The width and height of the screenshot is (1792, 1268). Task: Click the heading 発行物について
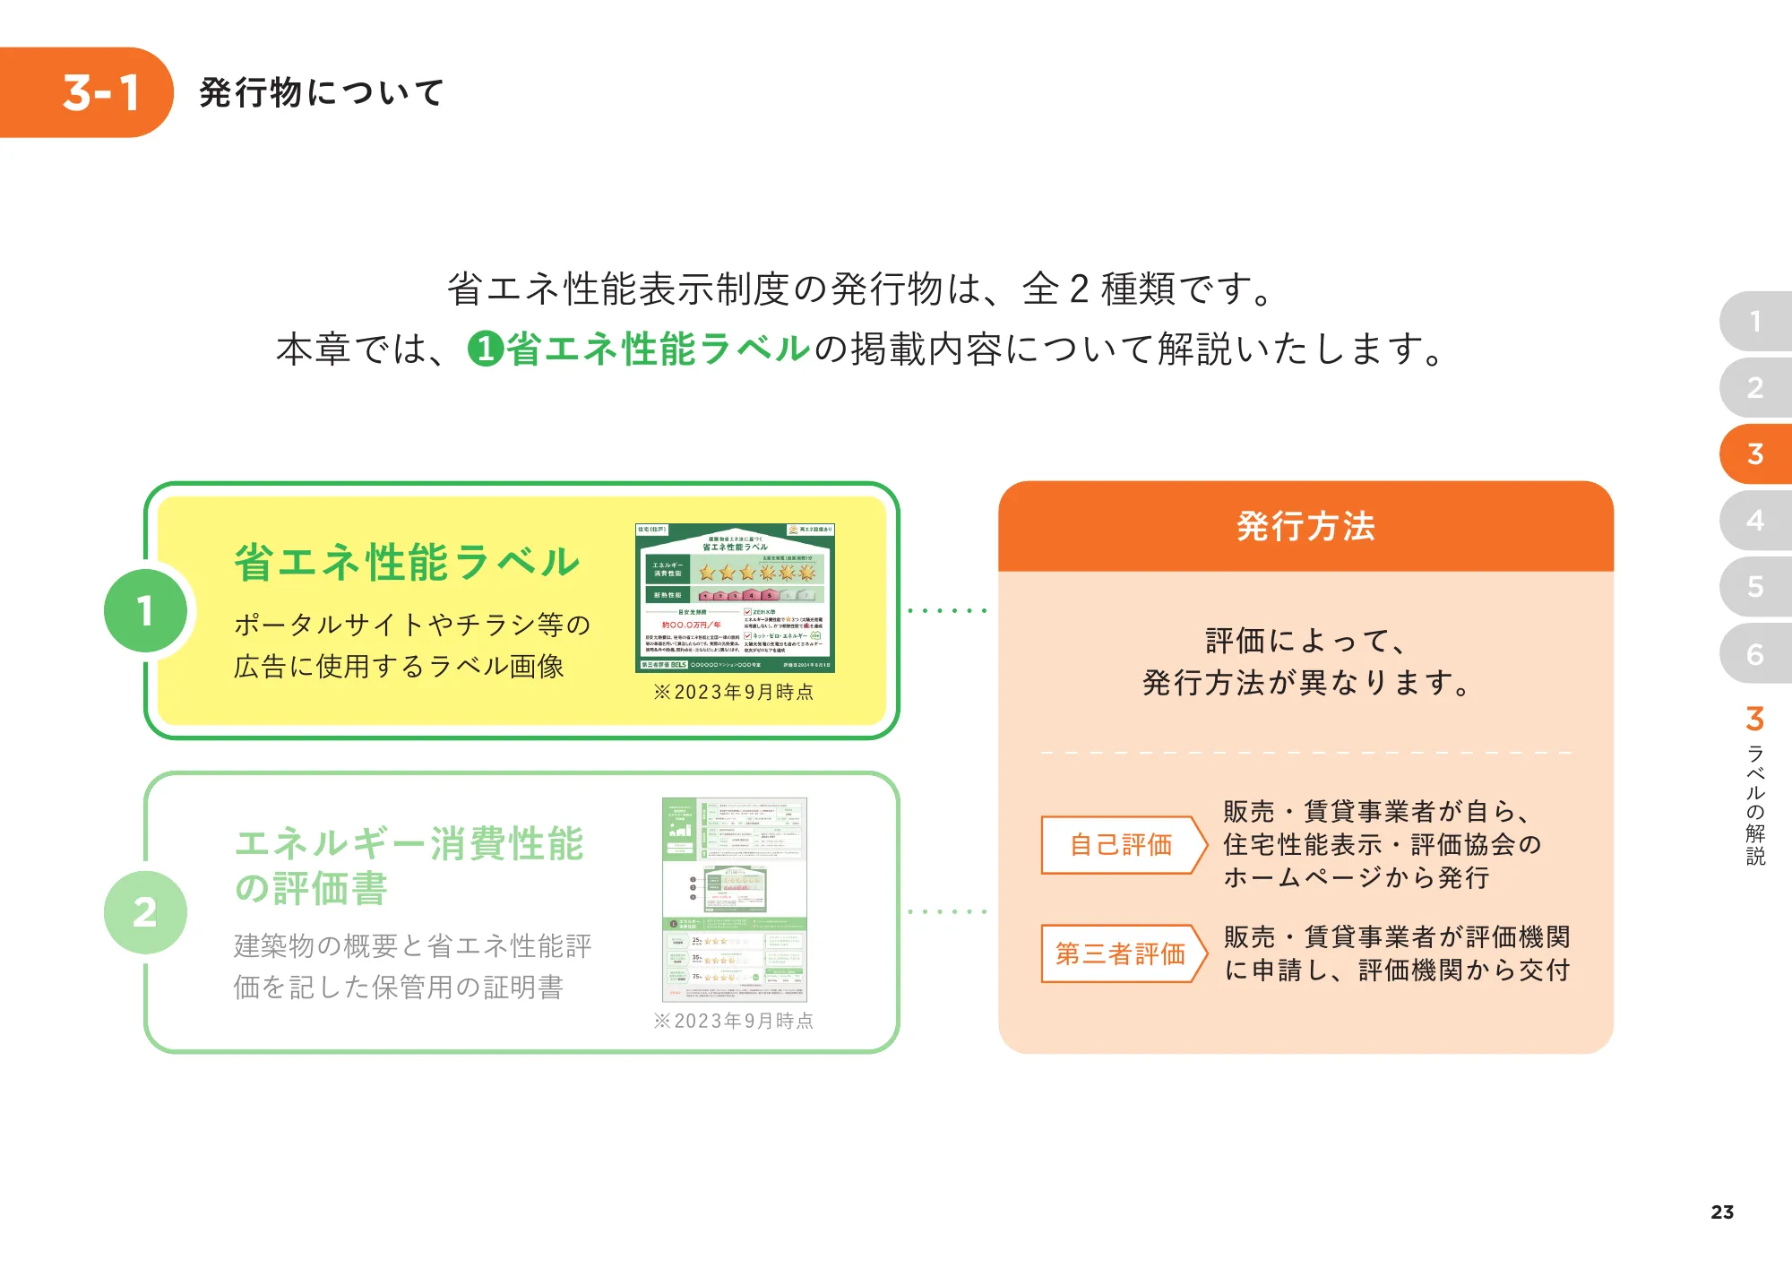322,92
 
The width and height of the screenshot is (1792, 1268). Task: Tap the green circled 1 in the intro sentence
485,349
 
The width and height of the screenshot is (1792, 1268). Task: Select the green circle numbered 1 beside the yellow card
145,611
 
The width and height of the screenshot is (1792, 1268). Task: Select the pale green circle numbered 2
145,912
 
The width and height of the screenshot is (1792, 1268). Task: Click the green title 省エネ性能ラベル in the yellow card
408,563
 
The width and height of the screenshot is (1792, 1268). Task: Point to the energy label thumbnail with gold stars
735,598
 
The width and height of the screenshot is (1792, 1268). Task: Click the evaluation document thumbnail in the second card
734,900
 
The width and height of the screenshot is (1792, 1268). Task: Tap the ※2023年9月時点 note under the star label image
734,692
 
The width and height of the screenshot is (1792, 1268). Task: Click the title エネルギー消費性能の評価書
408,866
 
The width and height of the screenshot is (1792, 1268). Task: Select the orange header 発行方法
1305,527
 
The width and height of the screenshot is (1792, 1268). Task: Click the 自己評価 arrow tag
1121,844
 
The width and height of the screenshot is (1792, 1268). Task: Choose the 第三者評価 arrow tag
1121,953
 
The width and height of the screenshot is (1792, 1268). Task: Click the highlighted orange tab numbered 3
1755,454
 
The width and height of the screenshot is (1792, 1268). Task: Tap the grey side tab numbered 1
1755,322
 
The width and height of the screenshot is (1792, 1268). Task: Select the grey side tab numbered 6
1755,654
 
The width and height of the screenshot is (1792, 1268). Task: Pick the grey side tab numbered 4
1755,521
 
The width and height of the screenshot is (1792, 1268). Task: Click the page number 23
1721,1212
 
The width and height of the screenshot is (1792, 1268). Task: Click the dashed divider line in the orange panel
1305,753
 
